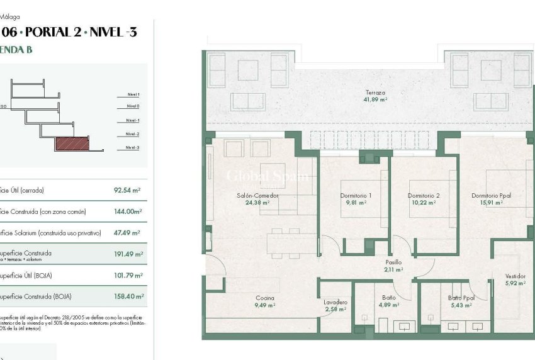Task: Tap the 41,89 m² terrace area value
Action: coord(374,99)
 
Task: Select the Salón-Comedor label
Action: coord(257,196)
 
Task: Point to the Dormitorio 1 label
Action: coord(356,196)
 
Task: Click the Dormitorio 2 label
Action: coord(423,196)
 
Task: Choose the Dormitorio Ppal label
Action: coord(491,196)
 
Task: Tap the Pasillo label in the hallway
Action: coord(393,262)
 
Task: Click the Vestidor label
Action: coord(515,276)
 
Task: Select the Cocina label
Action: coord(264,298)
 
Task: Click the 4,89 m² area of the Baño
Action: coord(388,305)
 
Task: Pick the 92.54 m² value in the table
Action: coord(127,190)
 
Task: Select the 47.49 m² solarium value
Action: coord(127,233)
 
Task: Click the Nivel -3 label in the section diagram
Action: coord(132,148)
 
